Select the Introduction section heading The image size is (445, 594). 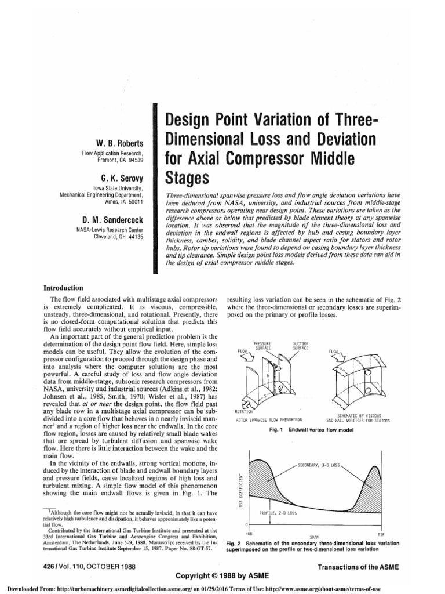click(64, 288)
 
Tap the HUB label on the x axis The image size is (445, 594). click(248, 533)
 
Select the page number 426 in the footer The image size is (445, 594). click(50, 566)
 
